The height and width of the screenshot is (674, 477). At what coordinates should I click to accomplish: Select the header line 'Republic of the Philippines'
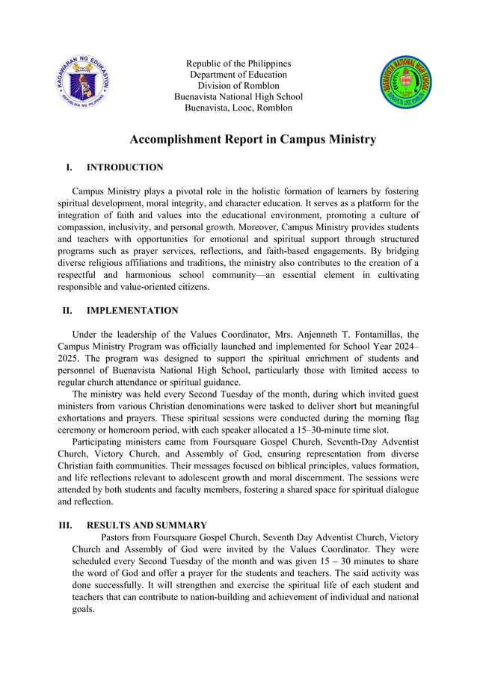(238, 64)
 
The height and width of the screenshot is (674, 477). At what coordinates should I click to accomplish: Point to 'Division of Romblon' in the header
(238, 86)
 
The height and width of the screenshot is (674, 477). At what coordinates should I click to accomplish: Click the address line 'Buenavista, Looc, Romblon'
(238, 108)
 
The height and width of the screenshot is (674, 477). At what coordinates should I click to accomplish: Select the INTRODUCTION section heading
(125, 167)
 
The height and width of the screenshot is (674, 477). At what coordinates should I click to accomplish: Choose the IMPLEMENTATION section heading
(132, 311)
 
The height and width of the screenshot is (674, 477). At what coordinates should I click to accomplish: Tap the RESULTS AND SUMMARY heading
(147, 525)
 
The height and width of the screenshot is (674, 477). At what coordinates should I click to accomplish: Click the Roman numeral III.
(65, 525)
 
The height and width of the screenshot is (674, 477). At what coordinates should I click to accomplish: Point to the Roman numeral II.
(67, 311)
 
